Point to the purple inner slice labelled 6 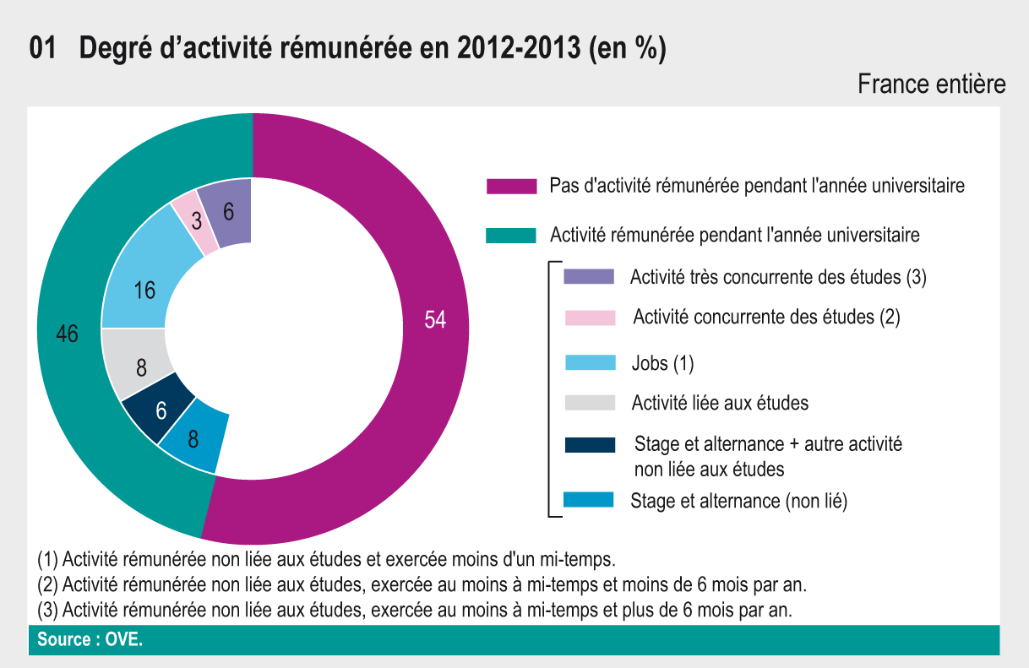[x=230, y=213]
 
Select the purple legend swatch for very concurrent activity [x=589, y=277]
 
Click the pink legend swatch [x=589, y=318]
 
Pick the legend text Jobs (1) [x=662, y=363]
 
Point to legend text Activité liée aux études [x=720, y=403]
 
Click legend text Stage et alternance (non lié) [x=738, y=501]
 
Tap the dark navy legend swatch [x=589, y=445]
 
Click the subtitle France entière [x=931, y=84]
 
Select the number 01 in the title [x=42, y=49]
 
